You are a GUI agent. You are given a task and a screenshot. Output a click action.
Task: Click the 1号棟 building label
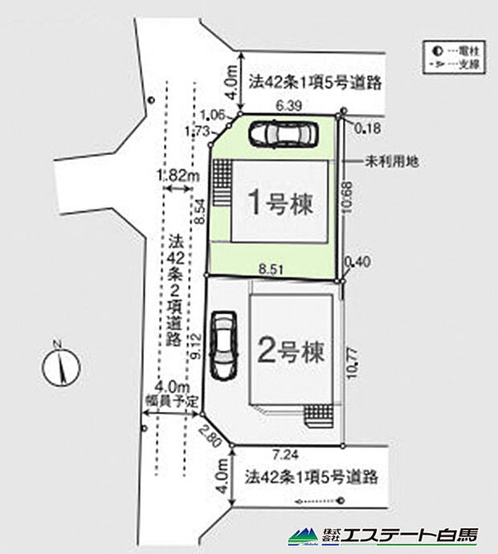[279, 202]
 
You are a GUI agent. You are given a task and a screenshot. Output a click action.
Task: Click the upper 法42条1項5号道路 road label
[313, 82]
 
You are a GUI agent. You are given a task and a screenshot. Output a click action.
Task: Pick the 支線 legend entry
[455, 64]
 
